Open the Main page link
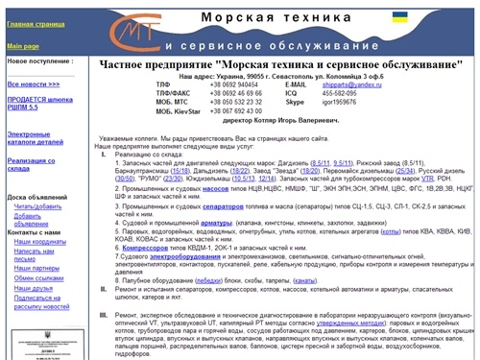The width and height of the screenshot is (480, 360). [x=23, y=46]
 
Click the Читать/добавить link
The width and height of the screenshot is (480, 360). [x=37, y=206]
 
